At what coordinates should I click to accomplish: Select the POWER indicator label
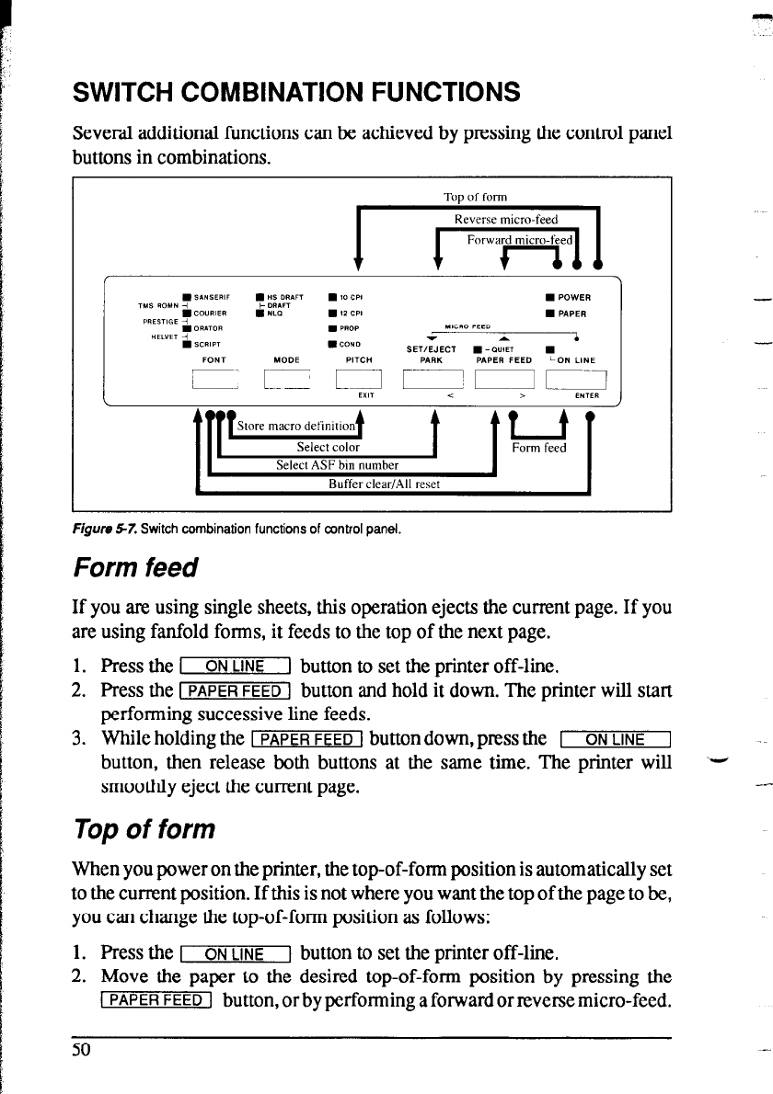click(x=573, y=297)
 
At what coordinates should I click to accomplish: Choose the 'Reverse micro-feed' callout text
click(x=506, y=219)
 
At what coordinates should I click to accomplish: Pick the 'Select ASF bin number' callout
click(x=337, y=465)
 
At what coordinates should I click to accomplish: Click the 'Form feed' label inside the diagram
click(x=539, y=449)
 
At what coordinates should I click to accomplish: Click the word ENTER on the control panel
click(x=586, y=397)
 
